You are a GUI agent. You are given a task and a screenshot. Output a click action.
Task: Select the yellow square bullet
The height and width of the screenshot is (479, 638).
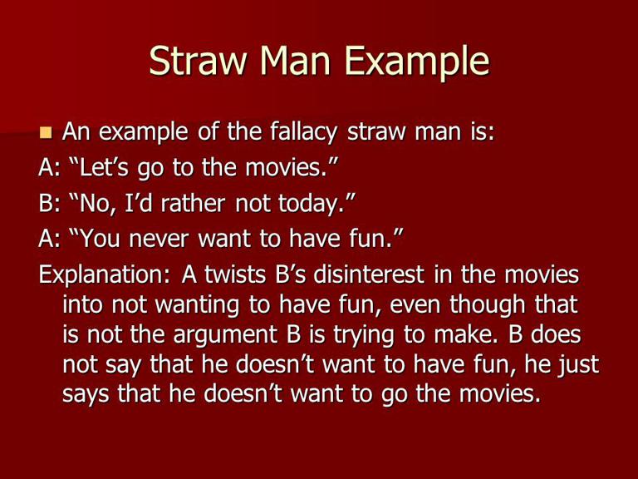point(46,132)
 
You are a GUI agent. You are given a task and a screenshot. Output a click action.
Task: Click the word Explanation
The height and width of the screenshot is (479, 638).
point(105,275)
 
